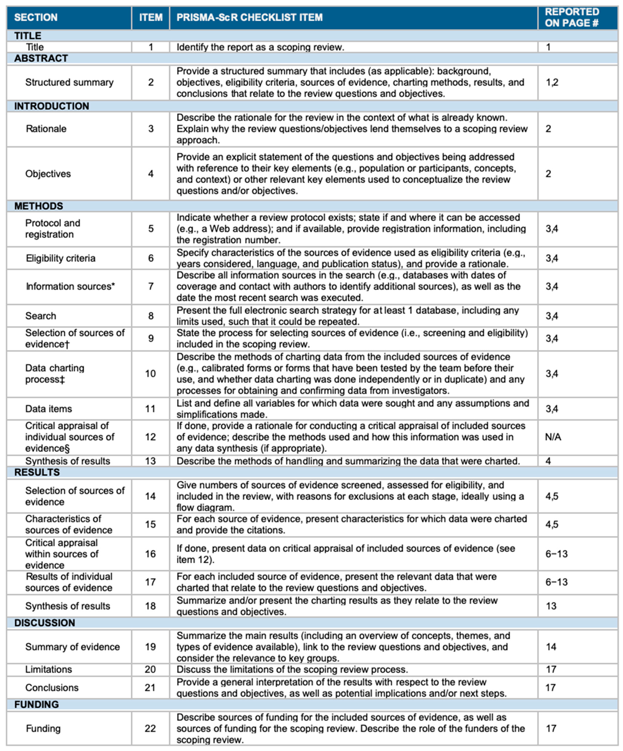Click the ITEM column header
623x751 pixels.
point(151,17)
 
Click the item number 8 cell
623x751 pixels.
point(151,316)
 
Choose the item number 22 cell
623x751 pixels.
point(150,728)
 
